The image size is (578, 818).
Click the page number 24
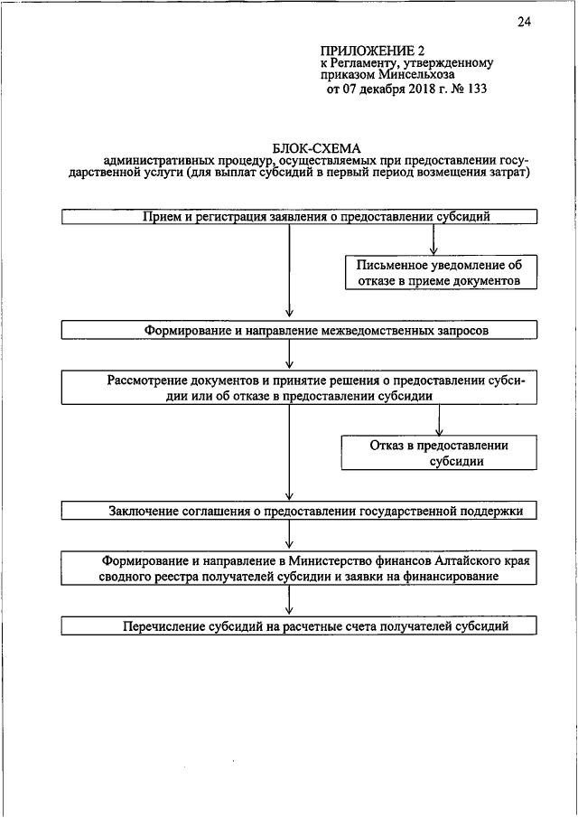click(524, 22)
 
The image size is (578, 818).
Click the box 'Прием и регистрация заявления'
click(299, 216)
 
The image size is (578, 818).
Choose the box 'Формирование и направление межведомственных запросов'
click(299, 330)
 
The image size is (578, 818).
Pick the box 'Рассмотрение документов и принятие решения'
click(299, 388)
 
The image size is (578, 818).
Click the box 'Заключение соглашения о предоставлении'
click(299, 511)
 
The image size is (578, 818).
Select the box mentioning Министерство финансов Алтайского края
click(299, 568)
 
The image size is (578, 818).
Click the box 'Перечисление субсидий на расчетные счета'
click(299, 625)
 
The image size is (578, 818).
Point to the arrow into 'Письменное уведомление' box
click(434, 248)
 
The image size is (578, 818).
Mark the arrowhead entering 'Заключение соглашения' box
click(288, 496)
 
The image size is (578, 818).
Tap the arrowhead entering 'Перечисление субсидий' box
click(288, 611)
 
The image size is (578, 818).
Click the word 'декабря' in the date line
click(374, 89)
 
